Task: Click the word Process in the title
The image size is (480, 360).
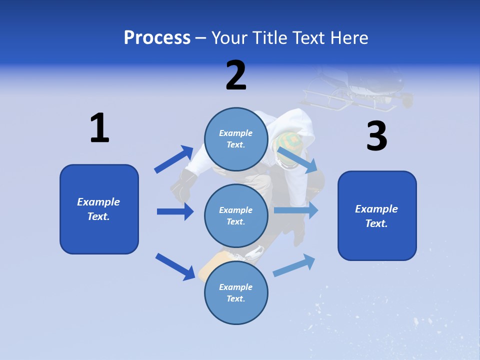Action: coord(157,38)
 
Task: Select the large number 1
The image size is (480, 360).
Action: coord(99,128)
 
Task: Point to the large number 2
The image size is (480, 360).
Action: coord(236,76)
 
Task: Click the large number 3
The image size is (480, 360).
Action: coord(376,136)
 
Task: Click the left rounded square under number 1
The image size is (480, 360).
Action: coord(99,209)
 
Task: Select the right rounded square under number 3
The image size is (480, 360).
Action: coord(377,215)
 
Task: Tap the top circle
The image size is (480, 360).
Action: coord(236,139)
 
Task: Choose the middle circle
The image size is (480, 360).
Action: coord(236,215)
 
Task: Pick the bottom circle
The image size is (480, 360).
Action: coord(236,292)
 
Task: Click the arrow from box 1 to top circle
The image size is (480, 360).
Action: coord(173,159)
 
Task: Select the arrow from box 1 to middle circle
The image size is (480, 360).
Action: coord(175,211)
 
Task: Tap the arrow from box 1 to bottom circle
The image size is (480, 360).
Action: coord(175,266)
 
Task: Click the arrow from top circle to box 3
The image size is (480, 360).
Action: coord(298,160)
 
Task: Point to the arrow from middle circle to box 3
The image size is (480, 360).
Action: coord(296,210)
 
